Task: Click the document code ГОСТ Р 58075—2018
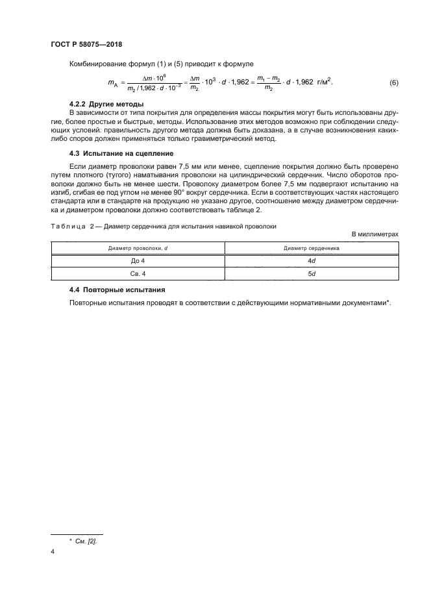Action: tap(87, 44)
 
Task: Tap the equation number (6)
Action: tap(393, 83)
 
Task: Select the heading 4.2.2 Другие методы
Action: tap(106, 105)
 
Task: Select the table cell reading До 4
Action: tap(138, 260)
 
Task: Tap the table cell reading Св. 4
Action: tap(138, 273)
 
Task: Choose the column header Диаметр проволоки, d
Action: tap(138, 247)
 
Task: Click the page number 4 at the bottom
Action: tap(53, 552)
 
